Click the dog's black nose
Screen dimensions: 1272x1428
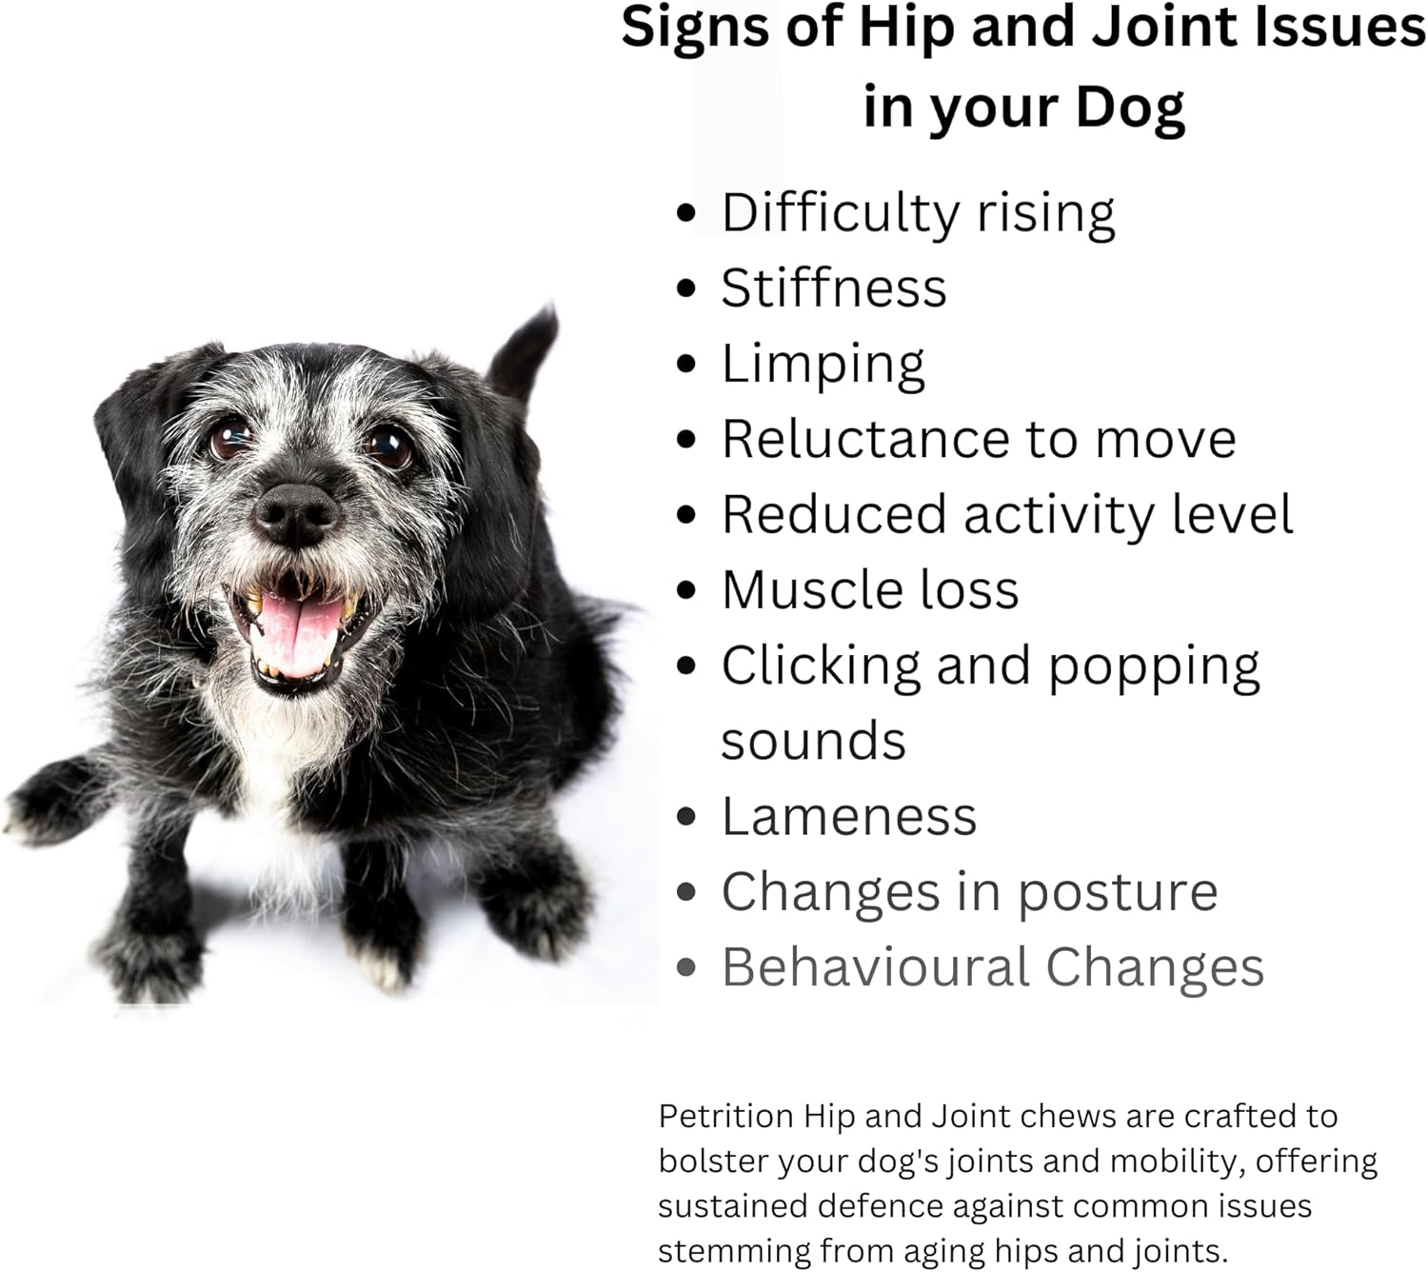(x=296, y=512)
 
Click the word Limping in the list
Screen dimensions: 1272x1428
(x=823, y=365)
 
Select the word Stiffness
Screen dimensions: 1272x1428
(x=834, y=288)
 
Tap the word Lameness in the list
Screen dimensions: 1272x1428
(x=849, y=817)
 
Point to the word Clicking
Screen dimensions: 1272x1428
(x=821, y=666)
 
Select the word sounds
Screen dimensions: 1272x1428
(x=813, y=742)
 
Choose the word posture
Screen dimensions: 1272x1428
(x=1117, y=893)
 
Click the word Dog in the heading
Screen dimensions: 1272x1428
(x=1129, y=107)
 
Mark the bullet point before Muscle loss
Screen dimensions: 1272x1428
(x=686, y=590)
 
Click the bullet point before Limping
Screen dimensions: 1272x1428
(x=686, y=364)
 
